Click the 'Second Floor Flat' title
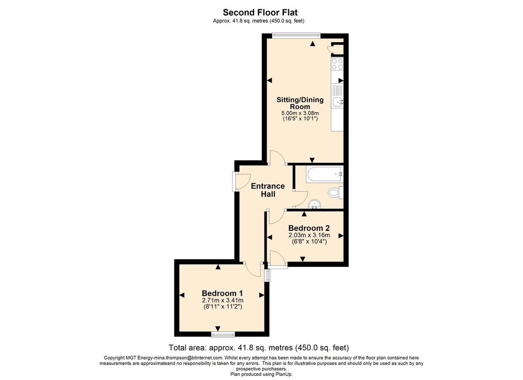click(261, 13)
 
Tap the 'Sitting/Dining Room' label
click(300, 103)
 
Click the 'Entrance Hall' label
click(268, 190)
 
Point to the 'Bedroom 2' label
click(309, 228)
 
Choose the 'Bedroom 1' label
click(222, 293)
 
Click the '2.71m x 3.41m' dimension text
click(222, 300)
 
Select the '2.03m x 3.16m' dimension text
click(309, 235)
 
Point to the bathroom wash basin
click(314, 204)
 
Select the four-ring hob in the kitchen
click(337, 64)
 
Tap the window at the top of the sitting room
click(296, 35)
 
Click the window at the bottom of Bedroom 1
click(223, 334)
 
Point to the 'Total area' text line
click(259, 348)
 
